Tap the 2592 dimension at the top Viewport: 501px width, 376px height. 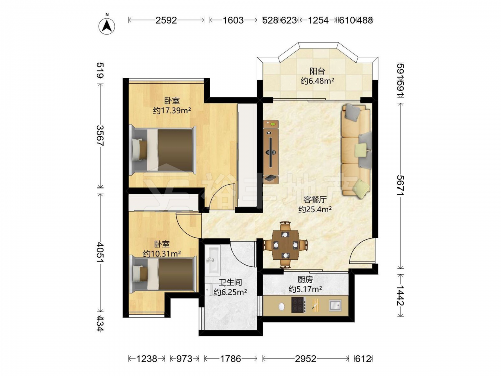tap(166, 20)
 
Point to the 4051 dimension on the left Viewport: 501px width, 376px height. tap(100, 253)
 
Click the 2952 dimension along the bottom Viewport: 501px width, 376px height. tap(306, 359)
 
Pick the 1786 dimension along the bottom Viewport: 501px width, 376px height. tap(230, 359)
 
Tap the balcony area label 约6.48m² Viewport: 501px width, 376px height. tap(317, 81)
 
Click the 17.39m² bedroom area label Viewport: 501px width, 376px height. tap(172, 111)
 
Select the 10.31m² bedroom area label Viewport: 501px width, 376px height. tap(162, 254)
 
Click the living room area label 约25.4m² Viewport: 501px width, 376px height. tap(315, 210)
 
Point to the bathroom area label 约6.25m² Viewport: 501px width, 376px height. tap(230, 292)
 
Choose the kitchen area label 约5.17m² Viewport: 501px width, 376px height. tap(305, 289)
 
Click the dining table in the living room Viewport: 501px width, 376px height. tap(285, 245)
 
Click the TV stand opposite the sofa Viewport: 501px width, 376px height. tap(271, 151)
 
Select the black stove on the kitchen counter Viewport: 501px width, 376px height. tap(299, 305)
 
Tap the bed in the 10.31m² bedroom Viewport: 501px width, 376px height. tap(164, 275)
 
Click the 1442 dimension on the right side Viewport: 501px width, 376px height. tap(401, 295)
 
